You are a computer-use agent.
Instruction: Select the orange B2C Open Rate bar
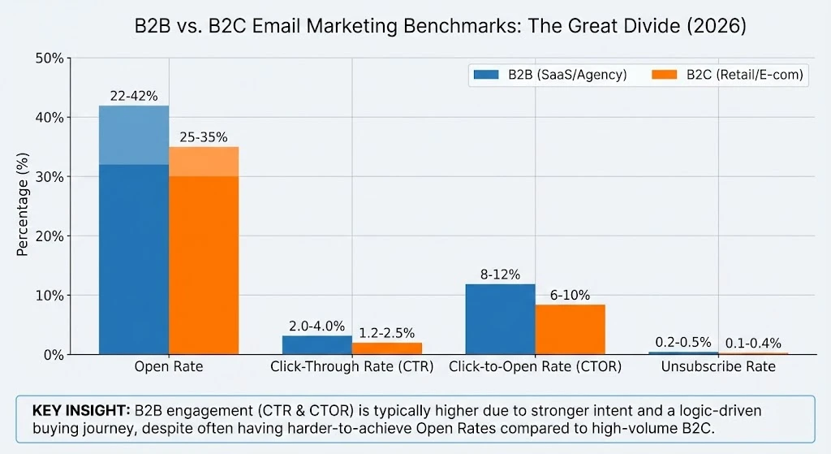click(x=204, y=252)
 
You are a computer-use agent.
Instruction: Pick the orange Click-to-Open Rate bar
click(x=570, y=329)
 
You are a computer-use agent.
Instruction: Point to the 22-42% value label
click(x=134, y=97)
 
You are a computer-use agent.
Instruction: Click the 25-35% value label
click(x=204, y=137)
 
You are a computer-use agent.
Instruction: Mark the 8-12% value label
click(x=500, y=275)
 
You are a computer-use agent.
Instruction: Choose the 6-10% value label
click(x=570, y=295)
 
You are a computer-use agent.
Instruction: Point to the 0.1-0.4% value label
click(x=753, y=344)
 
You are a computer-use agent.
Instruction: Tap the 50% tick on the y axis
click(x=50, y=58)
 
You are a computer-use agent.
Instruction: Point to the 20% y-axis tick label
click(x=50, y=236)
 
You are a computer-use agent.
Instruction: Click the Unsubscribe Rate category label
click(x=718, y=367)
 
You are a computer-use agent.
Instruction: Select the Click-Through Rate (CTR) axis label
click(x=352, y=367)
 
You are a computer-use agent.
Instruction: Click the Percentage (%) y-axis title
click(x=23, y=206)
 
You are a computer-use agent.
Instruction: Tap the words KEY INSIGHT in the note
click(x=77, y=411)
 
